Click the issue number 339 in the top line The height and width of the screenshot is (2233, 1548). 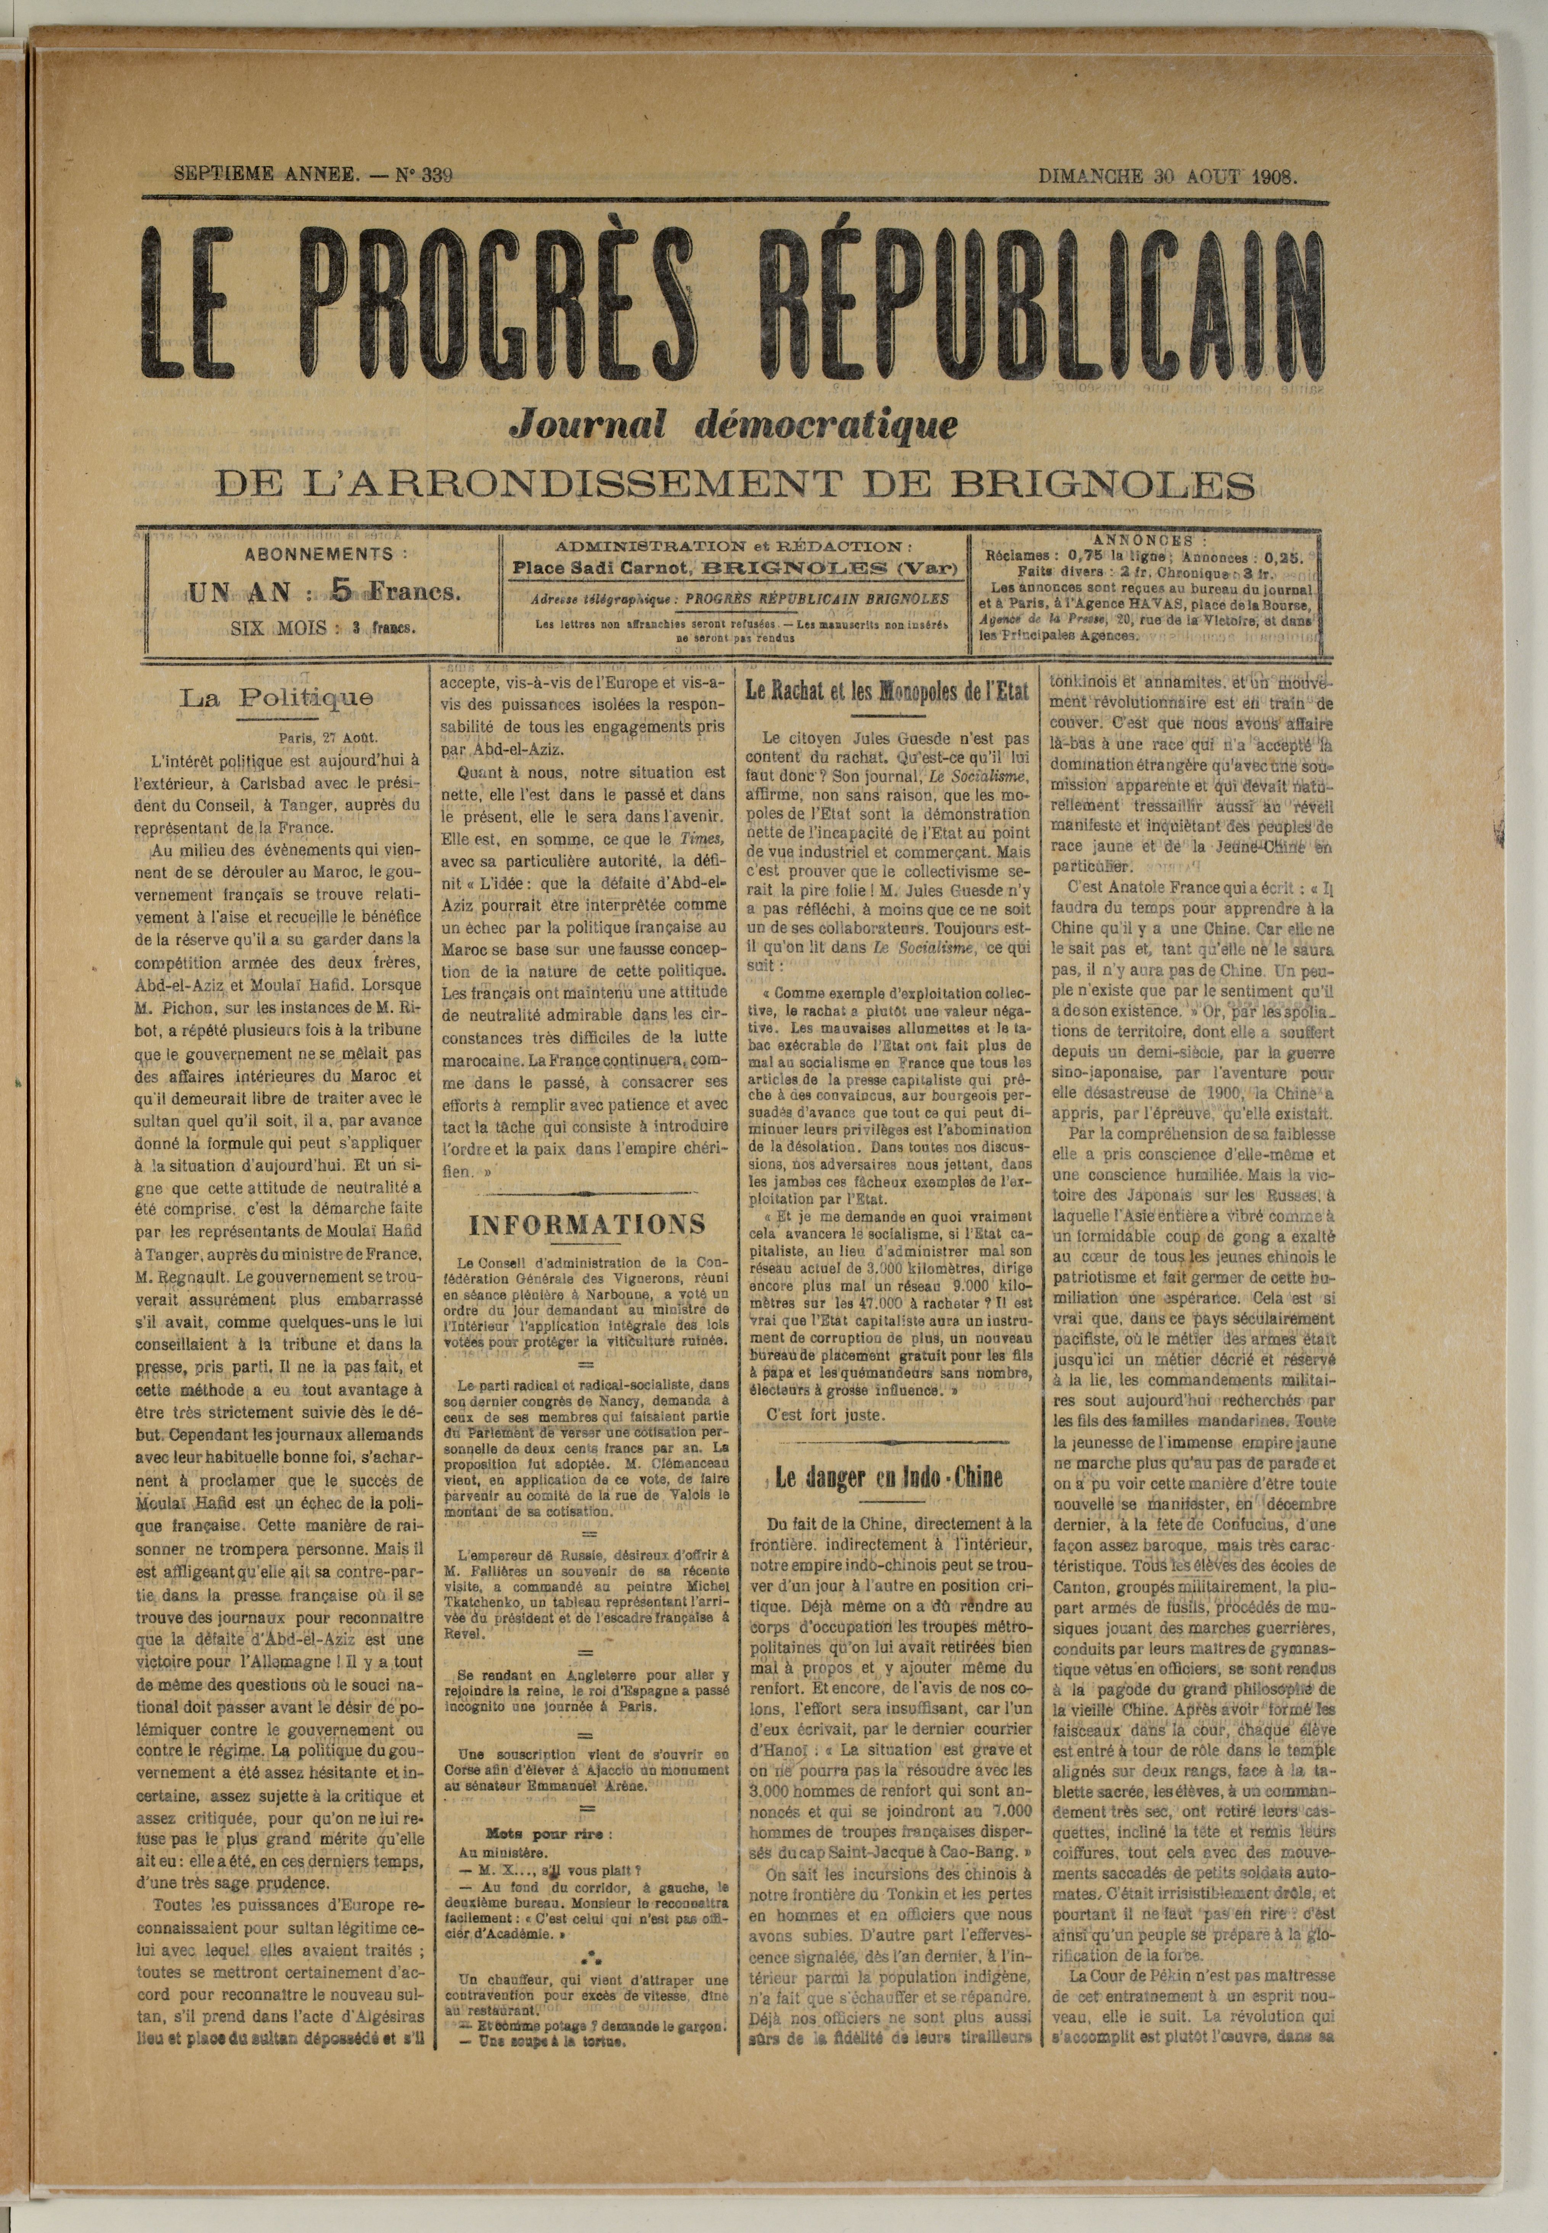click(436, 175)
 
